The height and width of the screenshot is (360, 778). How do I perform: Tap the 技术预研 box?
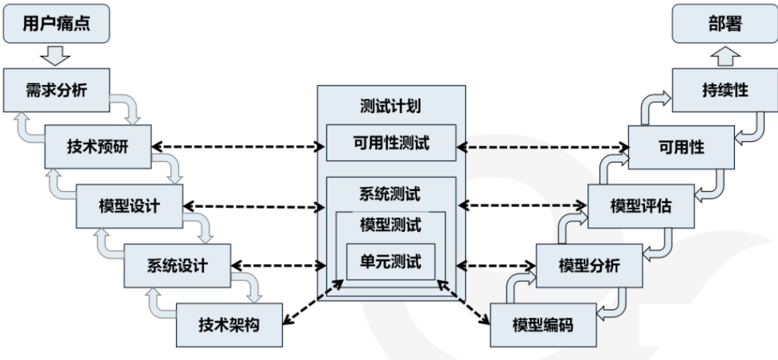coord(97,147)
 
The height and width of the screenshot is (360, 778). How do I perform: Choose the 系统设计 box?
coord(178,265)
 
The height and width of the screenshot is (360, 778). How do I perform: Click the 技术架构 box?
coord(229,324)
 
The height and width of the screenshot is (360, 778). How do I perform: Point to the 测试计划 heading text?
coord(391,107)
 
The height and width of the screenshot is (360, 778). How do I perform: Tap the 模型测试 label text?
coord(391,225)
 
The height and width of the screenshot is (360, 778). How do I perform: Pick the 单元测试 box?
coord(391,261)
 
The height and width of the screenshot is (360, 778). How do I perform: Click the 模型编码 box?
coord(542,325)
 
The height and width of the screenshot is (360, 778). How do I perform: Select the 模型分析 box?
coord(588,265)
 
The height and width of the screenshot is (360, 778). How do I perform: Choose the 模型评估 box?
coord(640,205)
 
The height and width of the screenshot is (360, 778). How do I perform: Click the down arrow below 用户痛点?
coord(54,55)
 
